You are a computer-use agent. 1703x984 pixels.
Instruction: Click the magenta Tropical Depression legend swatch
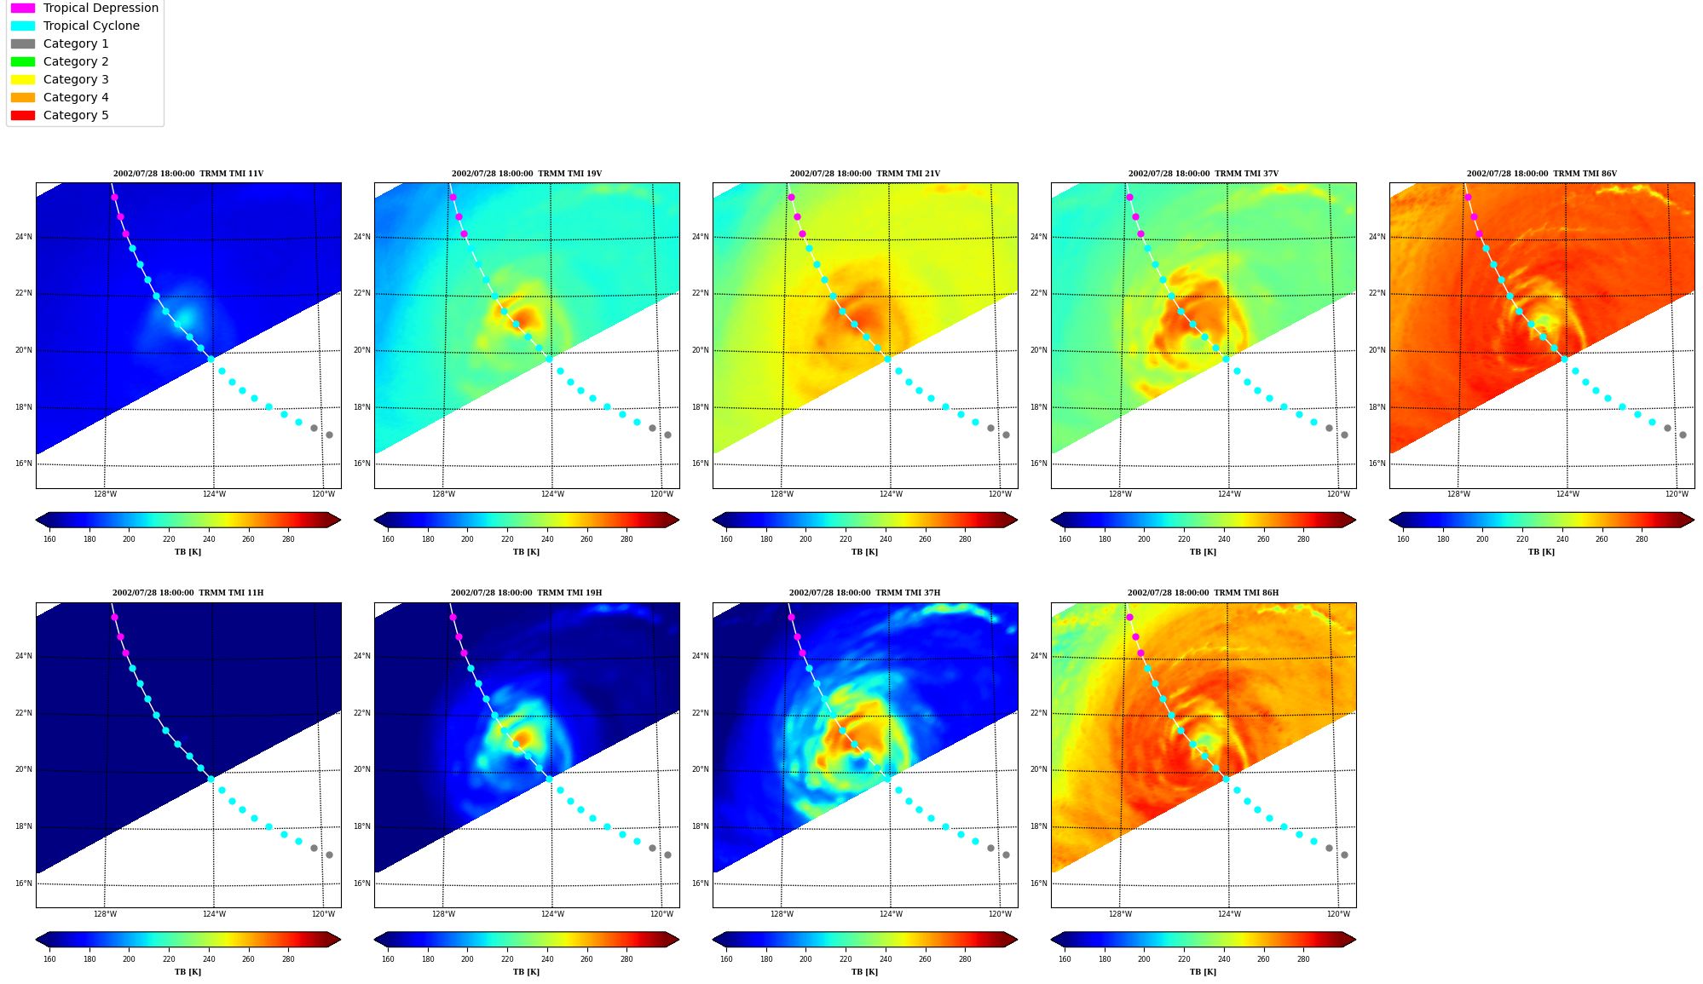(23, 8)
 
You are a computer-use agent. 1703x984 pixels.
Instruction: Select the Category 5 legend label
(76, 115)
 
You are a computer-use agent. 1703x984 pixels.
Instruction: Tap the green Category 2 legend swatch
(23, 61)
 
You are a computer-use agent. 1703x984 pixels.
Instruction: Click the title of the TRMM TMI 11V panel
(188, 174)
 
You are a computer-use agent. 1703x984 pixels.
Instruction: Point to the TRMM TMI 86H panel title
(1203, 593)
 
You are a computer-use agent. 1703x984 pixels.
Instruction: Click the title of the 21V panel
(865, 174)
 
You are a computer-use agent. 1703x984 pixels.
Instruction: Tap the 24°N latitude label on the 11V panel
(24, 237)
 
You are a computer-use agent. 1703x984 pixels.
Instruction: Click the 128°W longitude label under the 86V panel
(1458, 494)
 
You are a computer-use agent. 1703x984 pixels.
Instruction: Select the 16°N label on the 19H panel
(362, 883)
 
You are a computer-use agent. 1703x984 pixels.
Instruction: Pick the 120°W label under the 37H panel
(1000, 914)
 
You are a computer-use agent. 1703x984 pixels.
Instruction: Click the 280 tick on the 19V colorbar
(626, 538)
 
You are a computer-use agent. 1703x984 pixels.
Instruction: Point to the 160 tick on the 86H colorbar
(1065, 959)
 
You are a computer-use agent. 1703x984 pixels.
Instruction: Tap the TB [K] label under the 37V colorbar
(1203, 552)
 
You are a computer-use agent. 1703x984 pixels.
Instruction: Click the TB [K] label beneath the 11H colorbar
(188, 972)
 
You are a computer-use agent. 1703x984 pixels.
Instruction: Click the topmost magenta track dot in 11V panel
(114, 197)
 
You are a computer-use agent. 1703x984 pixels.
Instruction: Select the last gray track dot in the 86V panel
(1683, 434)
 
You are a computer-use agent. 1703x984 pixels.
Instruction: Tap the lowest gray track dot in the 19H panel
(667, 855)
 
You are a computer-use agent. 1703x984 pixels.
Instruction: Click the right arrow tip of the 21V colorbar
(1017, 520)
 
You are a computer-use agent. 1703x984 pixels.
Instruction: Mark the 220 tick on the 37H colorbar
(846, 959)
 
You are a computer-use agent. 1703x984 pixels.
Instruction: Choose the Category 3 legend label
(76, 79)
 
